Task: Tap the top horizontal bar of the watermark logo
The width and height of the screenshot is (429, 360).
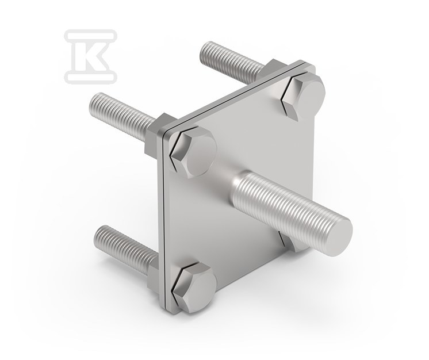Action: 90,36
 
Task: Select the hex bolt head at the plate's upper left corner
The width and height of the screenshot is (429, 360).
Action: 193,153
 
